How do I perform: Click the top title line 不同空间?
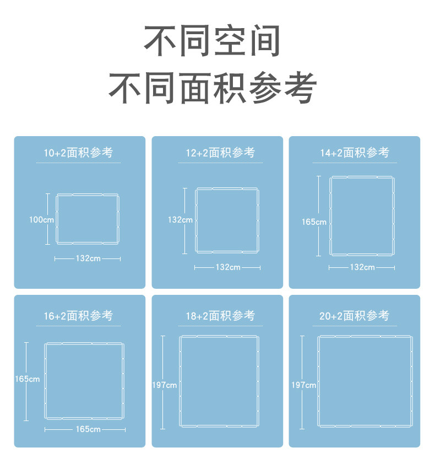click(x=213, y=40)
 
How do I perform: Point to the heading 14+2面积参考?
click(x=355, y=153)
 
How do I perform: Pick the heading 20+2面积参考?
click(x=355, y=316)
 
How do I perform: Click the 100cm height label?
click(x=42, y=219)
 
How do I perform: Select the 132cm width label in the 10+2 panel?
click(x=88, y=258)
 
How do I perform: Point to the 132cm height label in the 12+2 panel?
click(x=180, y=219)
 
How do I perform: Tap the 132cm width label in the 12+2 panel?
click(x=227, y=267)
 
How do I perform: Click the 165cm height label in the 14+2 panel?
click(x=314, y=222)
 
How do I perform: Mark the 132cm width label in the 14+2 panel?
click(x=362, y=267)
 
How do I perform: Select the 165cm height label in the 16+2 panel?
click(x=27, y=379)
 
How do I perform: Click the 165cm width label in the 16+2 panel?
click(x=88, y=429)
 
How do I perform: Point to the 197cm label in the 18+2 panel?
click(x=164, y=385)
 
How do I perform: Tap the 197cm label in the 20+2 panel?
click(x=303, y=385)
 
